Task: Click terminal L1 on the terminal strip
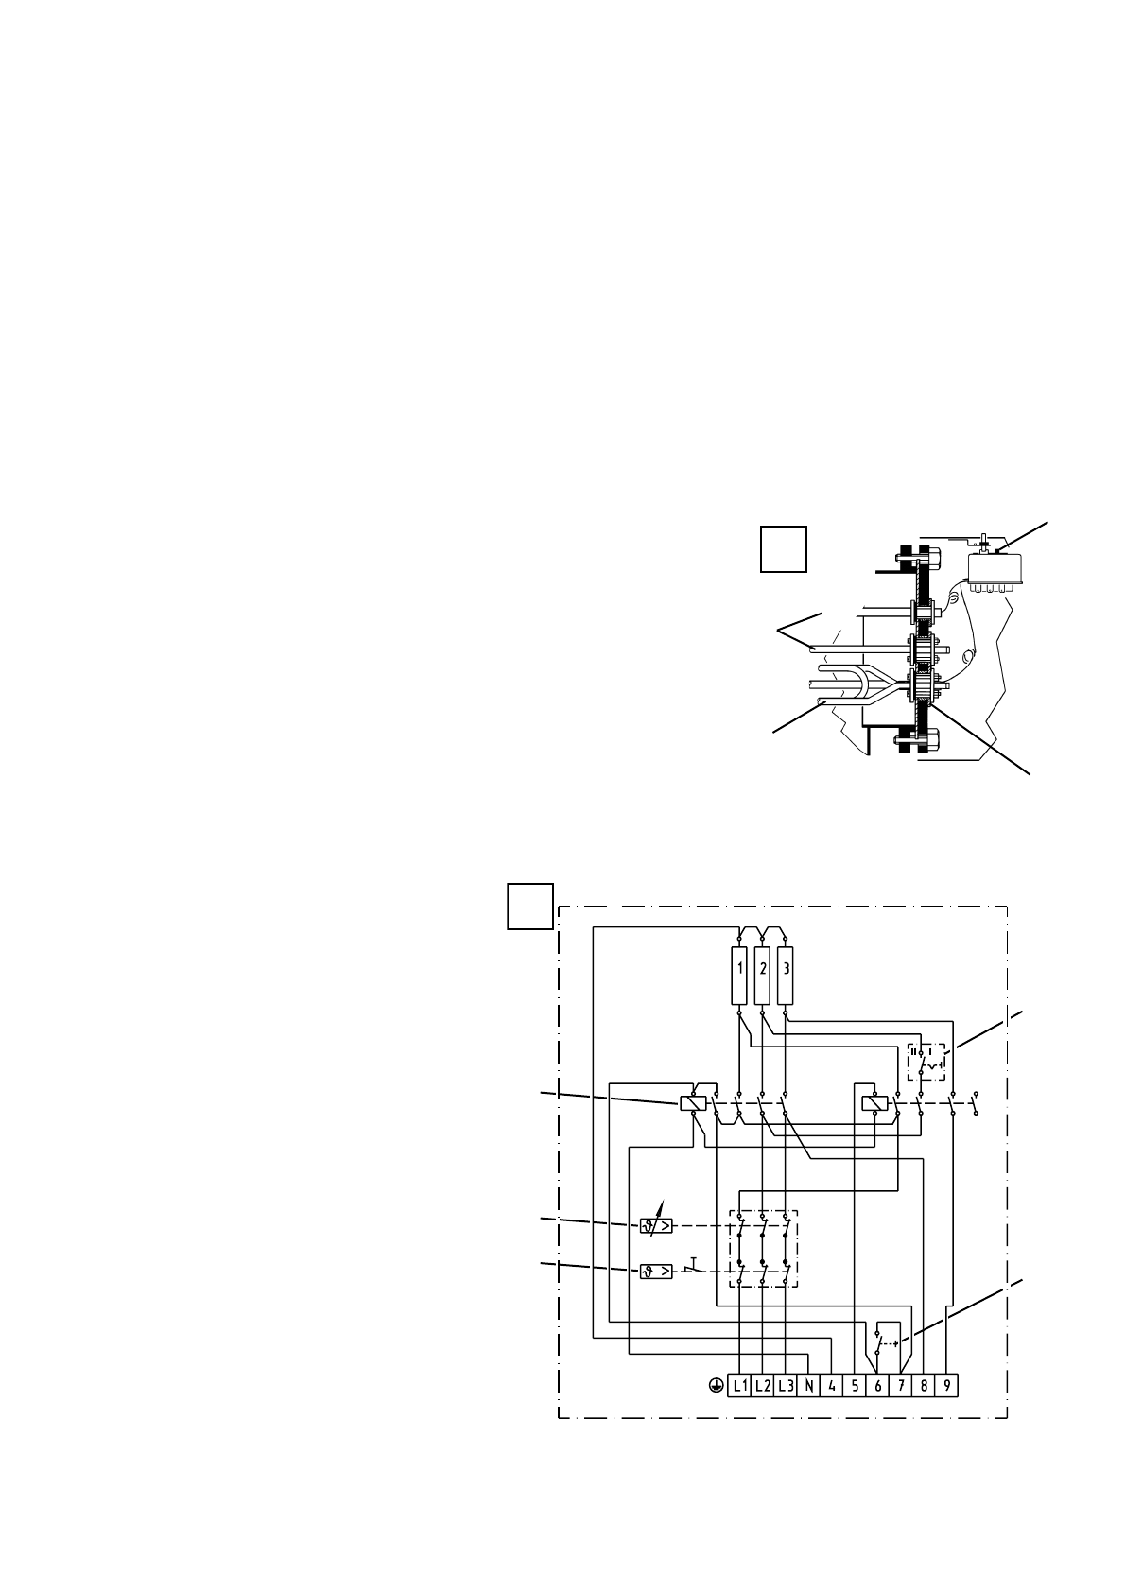pyautogui.click(x=739, y=1386)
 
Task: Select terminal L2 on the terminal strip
pyautogui.click(x=763, y=1386)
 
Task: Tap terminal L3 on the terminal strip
pyautogui.click(x=787, y=1386)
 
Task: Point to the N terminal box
pyautogui.click(x=809, y=1386)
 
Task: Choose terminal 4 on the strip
pyautogui.click(x=832, y=1386)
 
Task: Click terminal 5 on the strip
pyautogui.click(x=855, y=1386)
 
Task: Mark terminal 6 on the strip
pyautogui.click(x=877, y=1386)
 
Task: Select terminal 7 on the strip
pyautogui.click(x=901, y=1386)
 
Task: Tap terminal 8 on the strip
pyautogui.click(x=924, y=1386)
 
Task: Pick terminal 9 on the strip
pyautogui.click(x=947, y=1386)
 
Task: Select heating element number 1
pyautogui.click(x=739, y=974)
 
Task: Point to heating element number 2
pyautogui.click(x=763, y=974)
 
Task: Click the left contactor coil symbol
pyautogui.click(x=693, y=1103)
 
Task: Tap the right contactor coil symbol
pyautogui.click(x=874, y=1103)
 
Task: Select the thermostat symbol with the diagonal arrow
pyautogui.click(x=657, y=1226)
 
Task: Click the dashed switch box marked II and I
pyautogui.click(x=926, y=1062)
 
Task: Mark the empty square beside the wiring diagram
pyautogui.click(x=530, y=907)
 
